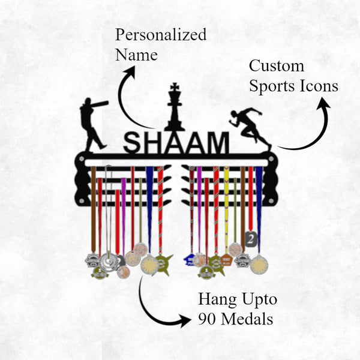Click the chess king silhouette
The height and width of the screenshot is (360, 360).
pos(175,111)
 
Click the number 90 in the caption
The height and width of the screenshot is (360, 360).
pos(208,319)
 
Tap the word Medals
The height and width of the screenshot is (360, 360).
pos(247,319)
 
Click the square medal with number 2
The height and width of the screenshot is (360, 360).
pos(251,239)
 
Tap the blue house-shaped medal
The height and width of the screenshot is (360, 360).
pos(190,260)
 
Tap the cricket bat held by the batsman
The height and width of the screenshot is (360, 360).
pos(101,104)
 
